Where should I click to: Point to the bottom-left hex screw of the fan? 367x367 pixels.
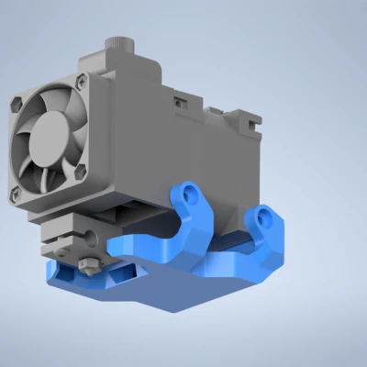14,194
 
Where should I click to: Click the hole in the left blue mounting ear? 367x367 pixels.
189,195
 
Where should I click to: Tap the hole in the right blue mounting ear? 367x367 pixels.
265,217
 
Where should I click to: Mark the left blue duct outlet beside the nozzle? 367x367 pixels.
65,272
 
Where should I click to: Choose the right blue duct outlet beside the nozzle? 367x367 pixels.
122,272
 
